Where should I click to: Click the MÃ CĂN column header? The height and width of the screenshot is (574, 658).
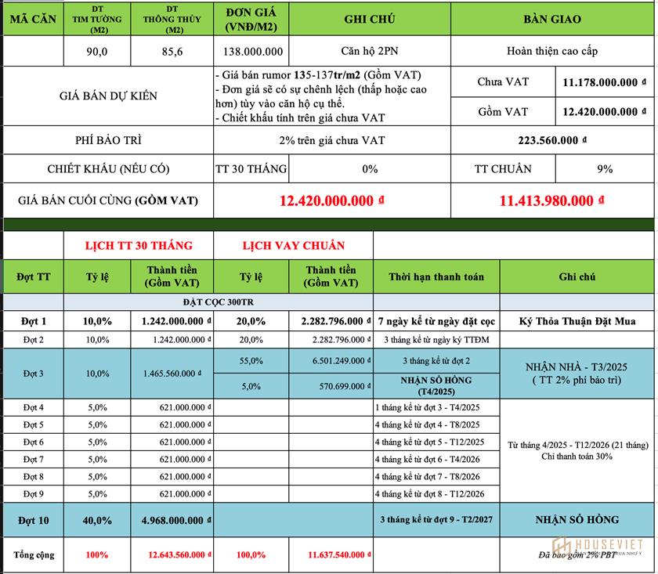[32, 20]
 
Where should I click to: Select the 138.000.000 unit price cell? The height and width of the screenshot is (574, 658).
[250, 52]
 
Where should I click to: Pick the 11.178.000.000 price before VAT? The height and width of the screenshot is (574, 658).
[604, 82]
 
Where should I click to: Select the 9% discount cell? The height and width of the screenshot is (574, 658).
[604, 169]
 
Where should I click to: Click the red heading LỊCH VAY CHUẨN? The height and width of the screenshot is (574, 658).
[293, 246]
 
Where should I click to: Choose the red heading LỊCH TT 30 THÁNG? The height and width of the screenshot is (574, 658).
[139, 246]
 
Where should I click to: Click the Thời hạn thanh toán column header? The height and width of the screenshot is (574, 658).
[436, 276]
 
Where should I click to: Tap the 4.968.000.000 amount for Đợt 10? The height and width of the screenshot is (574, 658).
[176, 519]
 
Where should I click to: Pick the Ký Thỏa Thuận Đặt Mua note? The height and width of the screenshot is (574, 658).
[577, 321]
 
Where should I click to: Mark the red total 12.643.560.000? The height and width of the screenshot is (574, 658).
[176, 555]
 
